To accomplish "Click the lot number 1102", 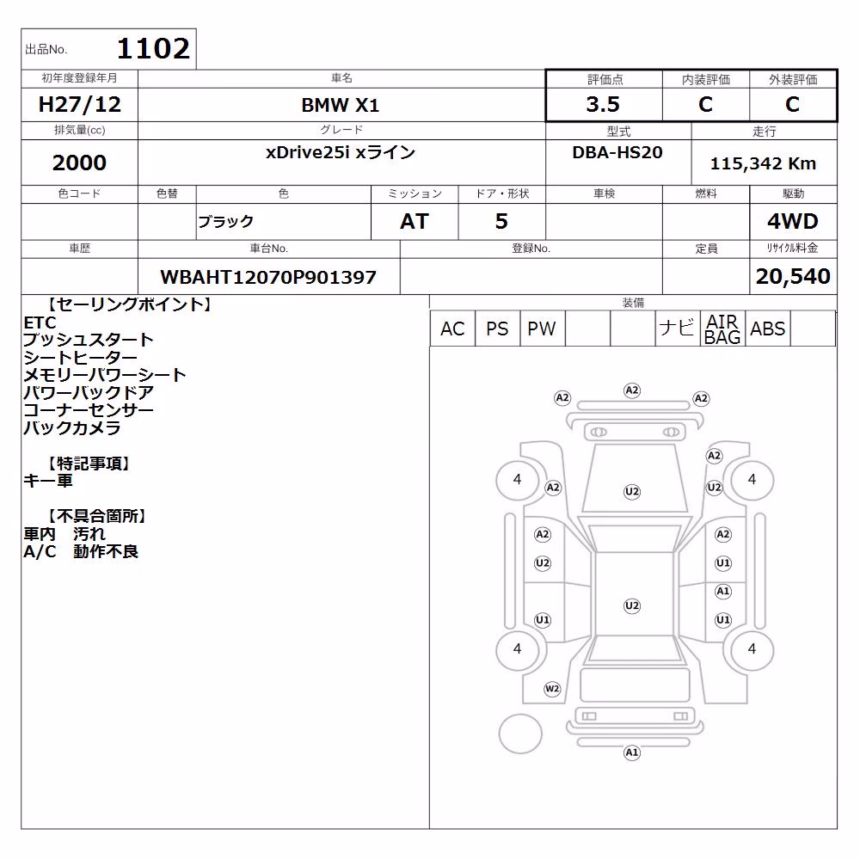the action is click(154, 48).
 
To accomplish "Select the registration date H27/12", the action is click(79, 104).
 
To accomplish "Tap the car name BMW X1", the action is click(341, 105).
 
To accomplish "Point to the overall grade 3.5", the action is click(603, 104).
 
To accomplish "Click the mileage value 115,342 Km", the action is click(763, 163).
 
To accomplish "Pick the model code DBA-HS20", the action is click(617, 152).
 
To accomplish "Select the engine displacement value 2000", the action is click(79, 163).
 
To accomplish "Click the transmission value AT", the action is click(415, 222).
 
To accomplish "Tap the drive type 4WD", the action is click(793, 222).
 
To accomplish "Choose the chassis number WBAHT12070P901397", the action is click(268, 277).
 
